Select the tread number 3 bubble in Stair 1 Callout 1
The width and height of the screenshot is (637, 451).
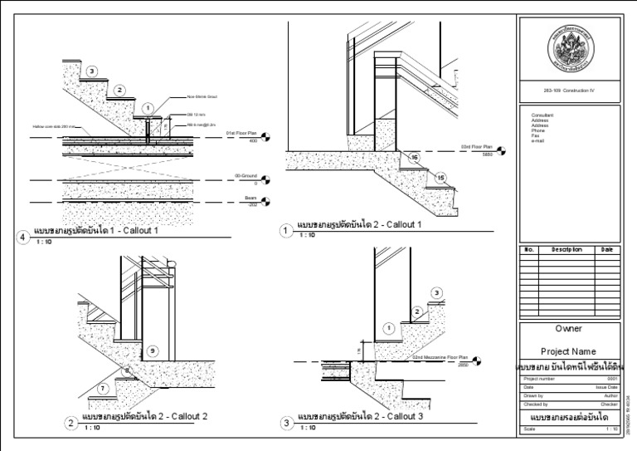coord(92,71)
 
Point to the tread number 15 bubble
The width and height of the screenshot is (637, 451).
coord(440,177)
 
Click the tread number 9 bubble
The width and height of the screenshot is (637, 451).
coord(152,351)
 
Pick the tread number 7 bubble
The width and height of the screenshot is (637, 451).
coord(102,388)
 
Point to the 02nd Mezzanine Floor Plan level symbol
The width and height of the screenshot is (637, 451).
coord(474,360)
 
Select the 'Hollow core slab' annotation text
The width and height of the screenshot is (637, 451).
coord(51,126)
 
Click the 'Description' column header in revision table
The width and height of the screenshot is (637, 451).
coord(562,249)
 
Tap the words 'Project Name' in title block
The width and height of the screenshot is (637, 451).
coord(568,351)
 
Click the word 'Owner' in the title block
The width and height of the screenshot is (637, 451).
coord(568,329)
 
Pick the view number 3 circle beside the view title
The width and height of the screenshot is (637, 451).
coord(288,423)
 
